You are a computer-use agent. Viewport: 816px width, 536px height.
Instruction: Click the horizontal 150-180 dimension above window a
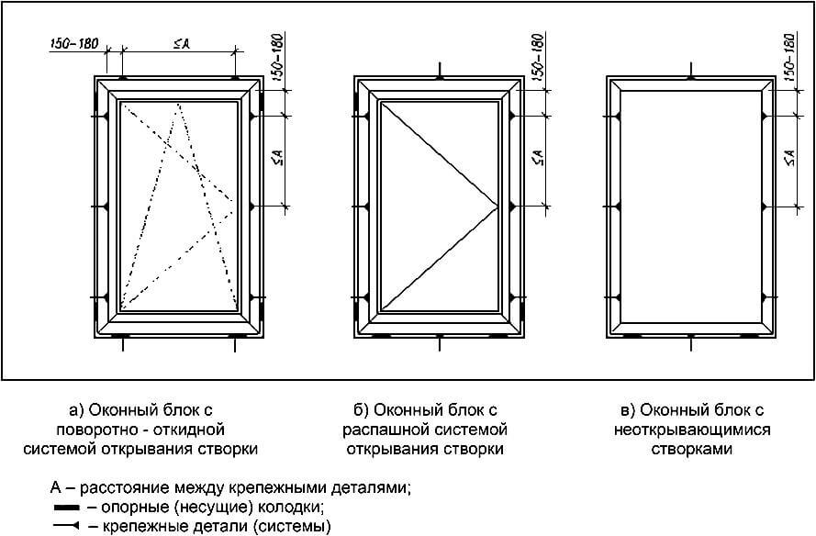(x=74, y=45)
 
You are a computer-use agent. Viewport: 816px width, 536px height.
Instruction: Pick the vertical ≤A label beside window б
(x=536, y=159)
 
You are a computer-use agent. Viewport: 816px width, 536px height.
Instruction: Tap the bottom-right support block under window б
(x=498, y=337)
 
